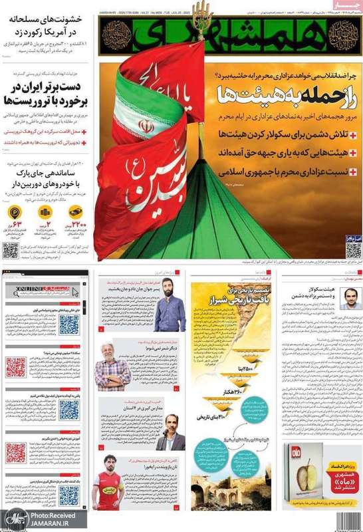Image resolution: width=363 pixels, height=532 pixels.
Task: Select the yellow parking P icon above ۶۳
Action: coord(15,212)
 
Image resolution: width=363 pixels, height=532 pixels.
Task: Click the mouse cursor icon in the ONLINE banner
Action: coord(75,288)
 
